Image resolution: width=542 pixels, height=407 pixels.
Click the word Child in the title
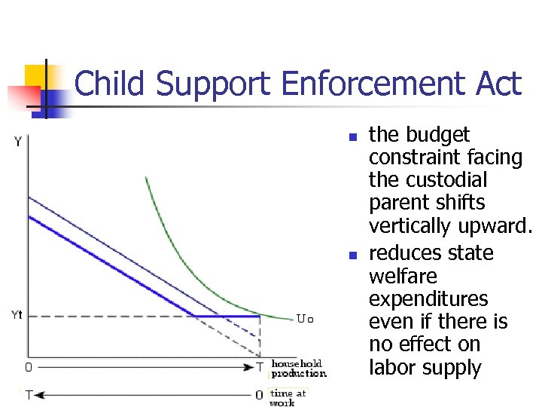[x=112, y=84]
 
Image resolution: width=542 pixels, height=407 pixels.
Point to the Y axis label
[x=17, y=142]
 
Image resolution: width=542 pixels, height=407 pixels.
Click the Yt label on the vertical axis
[x=16, y=315]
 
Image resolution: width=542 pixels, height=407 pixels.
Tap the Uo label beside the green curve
[x=305, y=319]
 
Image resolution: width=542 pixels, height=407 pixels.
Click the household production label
[x=299, y=369]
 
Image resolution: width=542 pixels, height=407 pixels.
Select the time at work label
[x=289, y=397]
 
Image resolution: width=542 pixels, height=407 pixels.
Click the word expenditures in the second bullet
[x=428, y=298]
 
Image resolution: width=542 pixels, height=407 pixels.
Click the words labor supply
[x=425, y=369]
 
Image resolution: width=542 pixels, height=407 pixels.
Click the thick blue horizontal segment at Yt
[x=226, y=316]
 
